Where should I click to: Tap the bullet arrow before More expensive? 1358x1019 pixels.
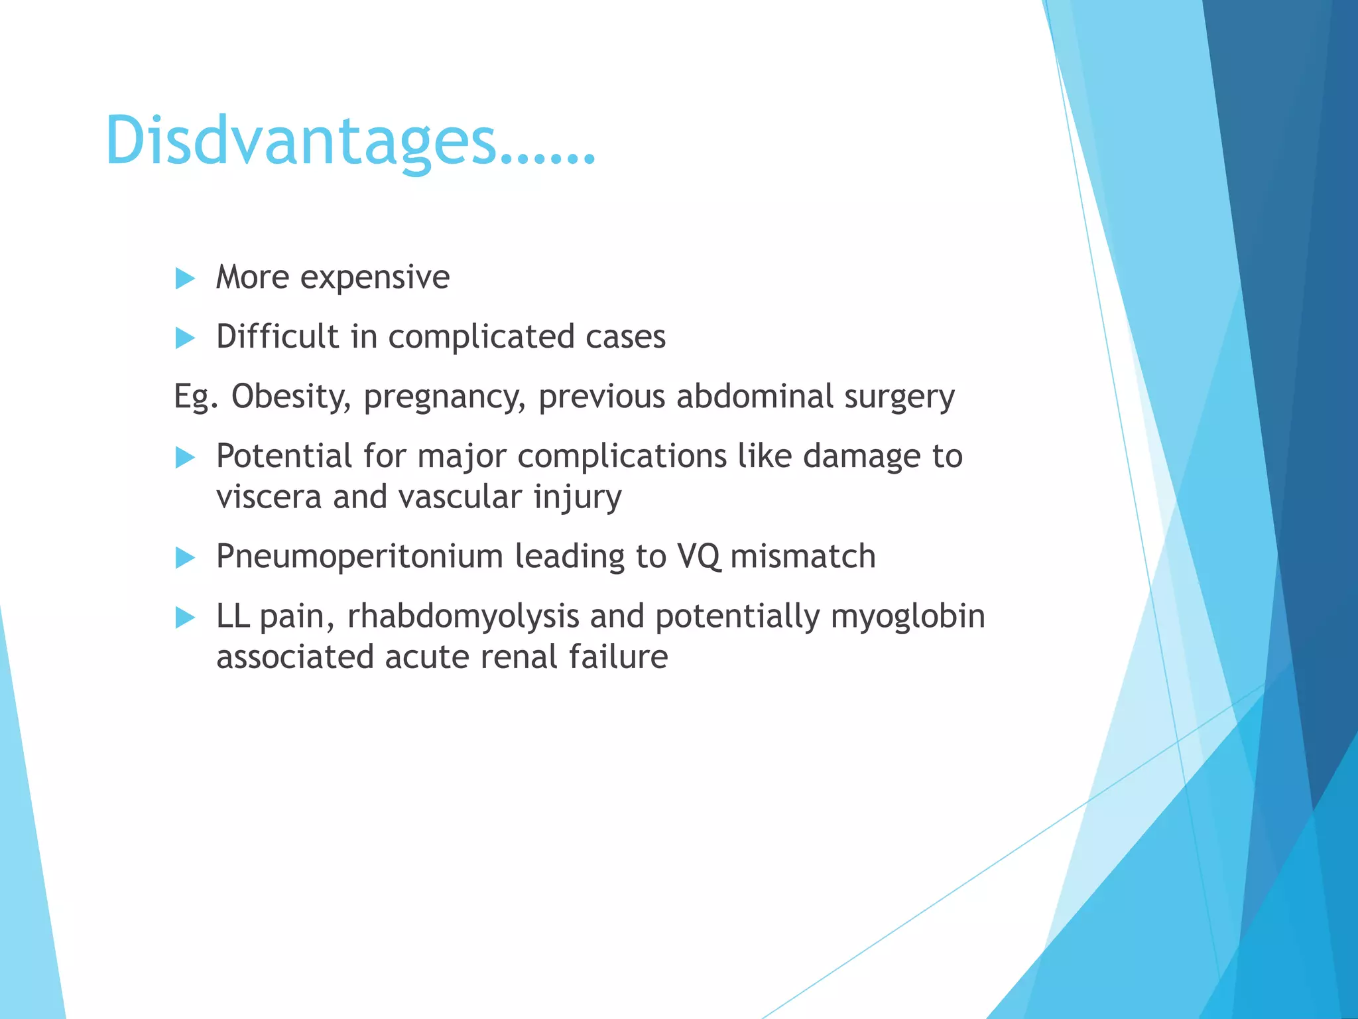point(185,279)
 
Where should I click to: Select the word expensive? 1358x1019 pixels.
point(375,277)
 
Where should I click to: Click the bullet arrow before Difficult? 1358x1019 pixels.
point(185,338)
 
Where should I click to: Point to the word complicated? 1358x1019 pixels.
point(471,337)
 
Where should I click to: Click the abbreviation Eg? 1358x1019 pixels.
point(196,397)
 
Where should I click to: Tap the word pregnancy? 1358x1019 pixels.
point(444,397)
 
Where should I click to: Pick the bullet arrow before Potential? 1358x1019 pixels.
point(185,458)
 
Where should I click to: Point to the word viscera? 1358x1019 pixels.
point(269,498)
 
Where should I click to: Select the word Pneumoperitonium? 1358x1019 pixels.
point(359,557)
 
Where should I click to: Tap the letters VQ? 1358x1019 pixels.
point(698,557)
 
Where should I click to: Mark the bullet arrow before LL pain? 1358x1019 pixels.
point(185,618)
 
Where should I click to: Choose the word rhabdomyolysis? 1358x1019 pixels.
point(463,617)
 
